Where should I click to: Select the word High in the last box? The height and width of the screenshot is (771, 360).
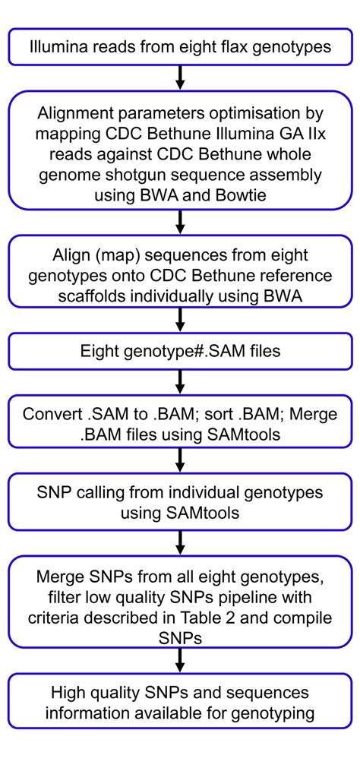(68, 692)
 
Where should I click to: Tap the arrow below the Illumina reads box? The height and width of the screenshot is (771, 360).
(180, 77)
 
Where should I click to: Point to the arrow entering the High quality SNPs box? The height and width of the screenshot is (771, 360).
(180, 662)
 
